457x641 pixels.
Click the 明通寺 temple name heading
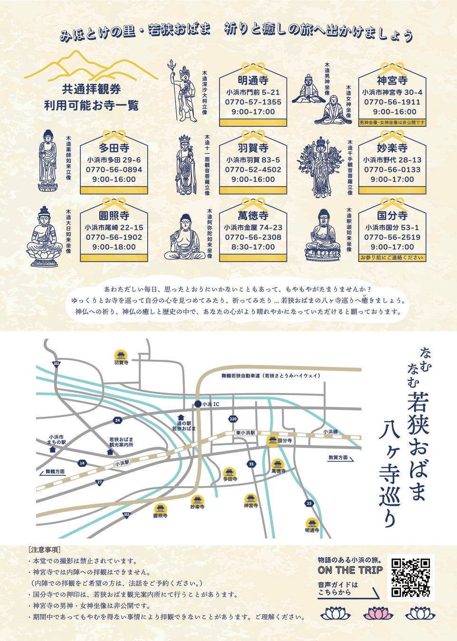(x=253, y=80)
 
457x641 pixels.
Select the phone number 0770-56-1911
(x=392, y=102)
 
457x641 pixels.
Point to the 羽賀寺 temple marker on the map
(x=121, y=355)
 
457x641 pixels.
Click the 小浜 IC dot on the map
(x=198, y=404)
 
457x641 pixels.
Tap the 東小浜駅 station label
(x=246, y=433)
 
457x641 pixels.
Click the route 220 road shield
(x=233, y=419)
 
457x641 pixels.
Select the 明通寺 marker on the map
(x=312, y=524)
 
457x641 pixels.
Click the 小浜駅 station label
(x=122, y=462)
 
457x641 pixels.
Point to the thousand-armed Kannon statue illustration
(x=321, y=167)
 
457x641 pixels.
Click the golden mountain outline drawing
(x=91, y=66)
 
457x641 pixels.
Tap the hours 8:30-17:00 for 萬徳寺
(x=253, y=247)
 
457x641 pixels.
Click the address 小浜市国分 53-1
(x=392, y=227)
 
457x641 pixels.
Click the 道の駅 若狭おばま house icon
(x=181, y=417)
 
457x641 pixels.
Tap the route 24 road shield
(x=117, y=420)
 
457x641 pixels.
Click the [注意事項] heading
(x=44, y=550)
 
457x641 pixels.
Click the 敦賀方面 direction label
(x=338, y=458)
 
